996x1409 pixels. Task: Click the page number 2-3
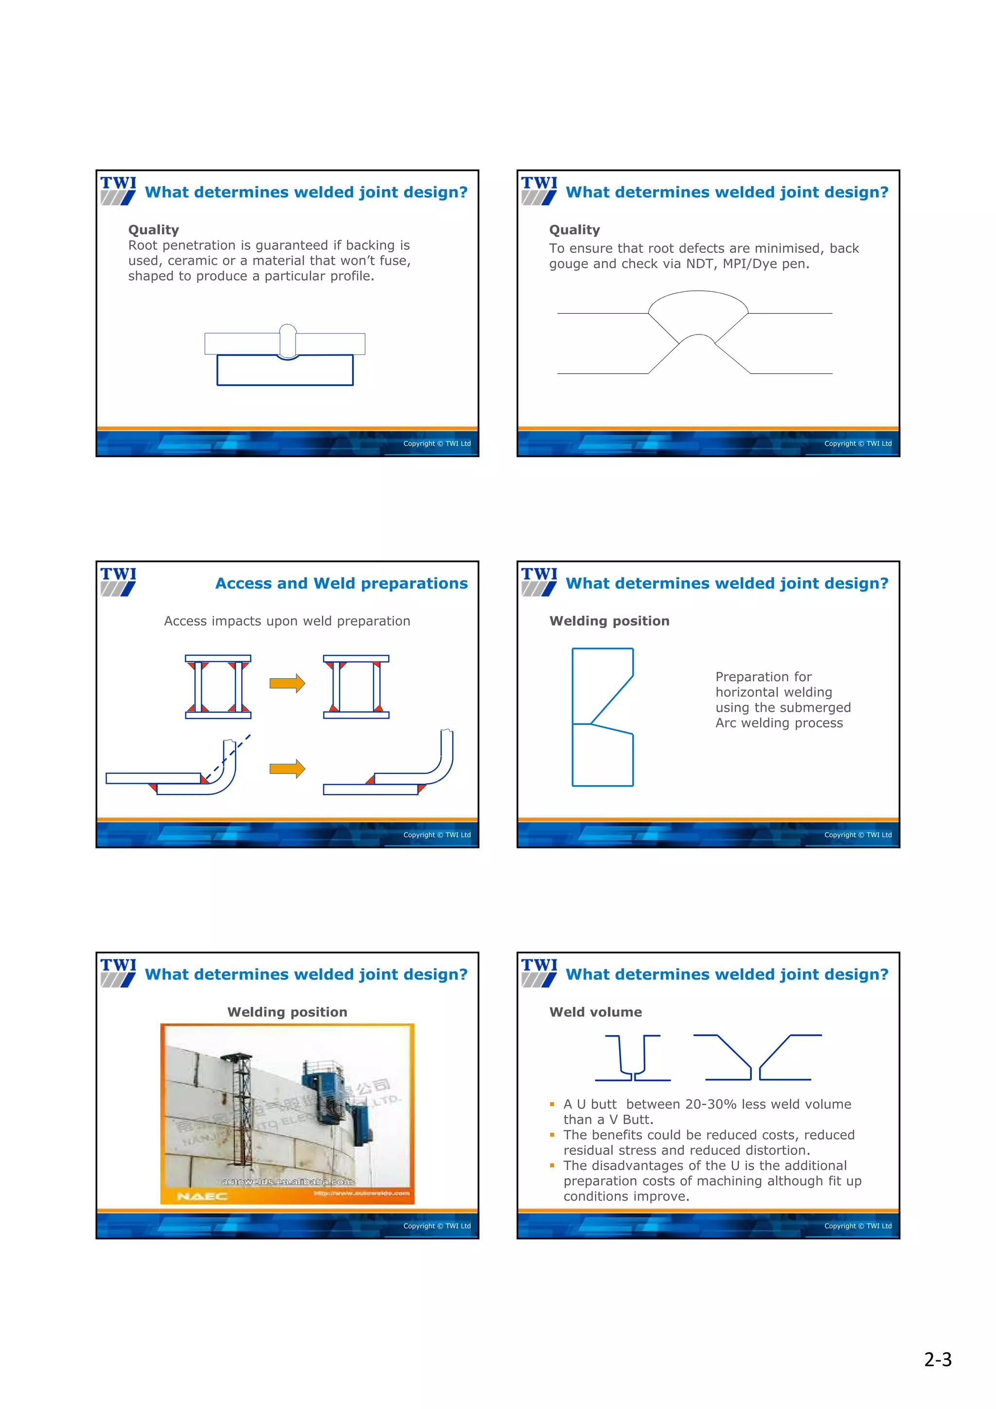tap(937, 1359)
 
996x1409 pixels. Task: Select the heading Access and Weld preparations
tap(341, 583)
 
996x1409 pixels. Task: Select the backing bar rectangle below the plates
tap(285, 370)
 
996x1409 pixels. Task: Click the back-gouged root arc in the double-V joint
tap(698, 337)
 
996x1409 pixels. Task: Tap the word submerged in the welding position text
tap(820, 707)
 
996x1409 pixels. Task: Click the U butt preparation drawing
tap(633, 1058)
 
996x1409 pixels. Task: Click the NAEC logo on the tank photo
tap(202, 1196)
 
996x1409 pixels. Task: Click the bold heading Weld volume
tap(595, 1012)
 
